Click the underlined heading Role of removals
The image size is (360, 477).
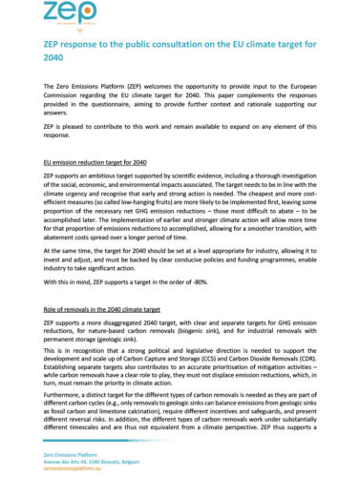click(x=113, y=310)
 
